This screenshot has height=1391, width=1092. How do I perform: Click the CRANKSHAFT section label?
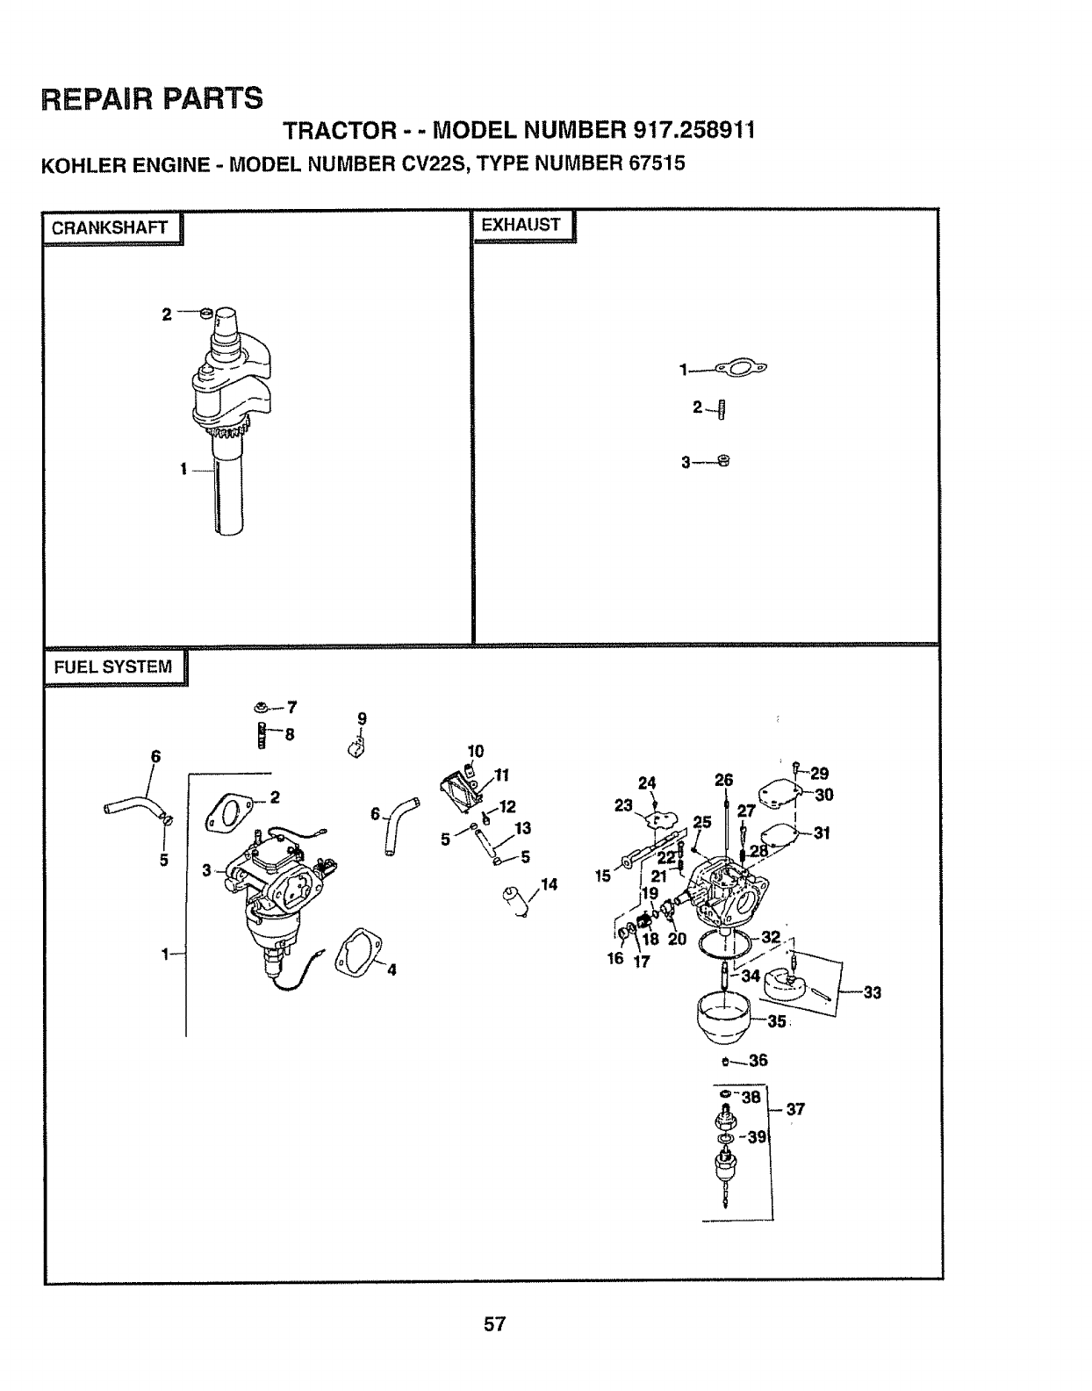[110, 228]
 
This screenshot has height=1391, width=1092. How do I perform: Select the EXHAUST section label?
[521, 225]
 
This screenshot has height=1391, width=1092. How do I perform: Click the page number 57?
[495, 1323]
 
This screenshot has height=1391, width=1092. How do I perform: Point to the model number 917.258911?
[693, 130]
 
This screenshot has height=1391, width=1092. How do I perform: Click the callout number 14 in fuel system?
[550, 884]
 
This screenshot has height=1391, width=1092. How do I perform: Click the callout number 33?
[873, 993]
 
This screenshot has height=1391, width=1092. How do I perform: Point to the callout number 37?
[795, 1109]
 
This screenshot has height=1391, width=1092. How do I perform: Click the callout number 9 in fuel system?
[362, 718]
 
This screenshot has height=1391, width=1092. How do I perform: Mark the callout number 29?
[819, 774]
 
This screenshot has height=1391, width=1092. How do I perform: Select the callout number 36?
[758, 1060]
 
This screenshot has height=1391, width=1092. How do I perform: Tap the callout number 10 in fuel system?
[475, 751]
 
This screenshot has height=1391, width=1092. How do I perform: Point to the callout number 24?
[647, 783]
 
